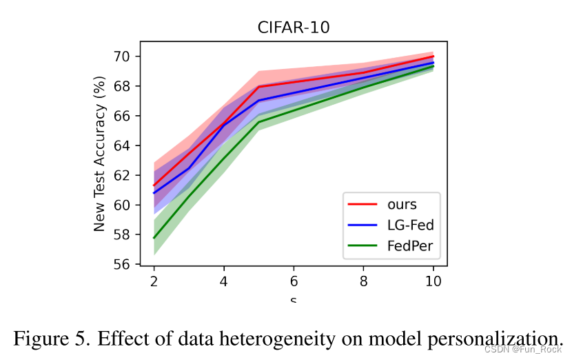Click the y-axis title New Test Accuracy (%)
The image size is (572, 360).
coord(100,157)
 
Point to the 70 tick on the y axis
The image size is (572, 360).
coord(129,56)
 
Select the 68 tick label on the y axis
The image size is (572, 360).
coord(129,86)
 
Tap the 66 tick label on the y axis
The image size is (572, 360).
coord(129,116)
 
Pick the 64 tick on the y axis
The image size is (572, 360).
coord(129,146)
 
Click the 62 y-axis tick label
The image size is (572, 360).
coord(129,175)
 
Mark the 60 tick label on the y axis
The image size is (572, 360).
coord(129,205)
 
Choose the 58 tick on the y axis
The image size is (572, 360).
coord(129,235)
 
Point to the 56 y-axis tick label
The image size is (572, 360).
coord(129,265)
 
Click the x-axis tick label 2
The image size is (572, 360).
coord(153,281)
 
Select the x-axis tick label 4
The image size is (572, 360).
coord(223,281)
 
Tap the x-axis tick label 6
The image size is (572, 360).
coord(294,281)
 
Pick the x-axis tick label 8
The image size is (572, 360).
coord(363,281)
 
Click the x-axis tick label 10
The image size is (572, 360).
coord(433,281)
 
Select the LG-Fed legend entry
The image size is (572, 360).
coord(411,225)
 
